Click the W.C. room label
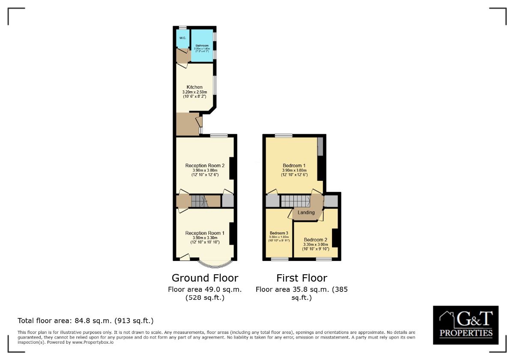point(182,38)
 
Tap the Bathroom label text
point(202,45)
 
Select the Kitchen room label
point(194,87)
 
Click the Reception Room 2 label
point(205,165)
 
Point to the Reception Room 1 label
point(205,233)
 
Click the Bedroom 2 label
point(316,240)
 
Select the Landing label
point(306,212)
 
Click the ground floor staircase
point(199,201)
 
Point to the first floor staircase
point(296,201)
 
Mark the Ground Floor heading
point(205,278)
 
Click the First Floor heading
point(302,278)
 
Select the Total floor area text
point(85,321)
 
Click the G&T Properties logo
point(466,325)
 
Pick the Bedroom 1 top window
point(284,136)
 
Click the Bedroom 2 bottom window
point(324,259)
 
